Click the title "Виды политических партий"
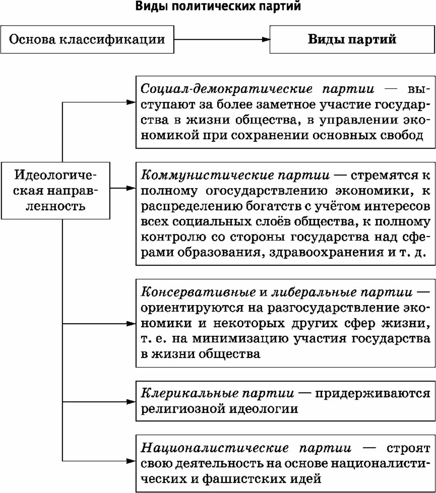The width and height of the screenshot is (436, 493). pos(218,6)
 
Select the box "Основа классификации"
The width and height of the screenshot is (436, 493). pos(87,39)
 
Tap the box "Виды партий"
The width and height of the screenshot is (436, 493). pos(352,39)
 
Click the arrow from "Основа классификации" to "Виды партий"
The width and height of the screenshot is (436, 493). pos(222,39)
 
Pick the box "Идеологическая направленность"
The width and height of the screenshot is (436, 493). pos(56,190)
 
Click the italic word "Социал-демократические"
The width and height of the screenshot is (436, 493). pos(226,89)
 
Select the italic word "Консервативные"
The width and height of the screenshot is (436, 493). pos(198,292)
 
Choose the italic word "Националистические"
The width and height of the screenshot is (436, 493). pos(214,448)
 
